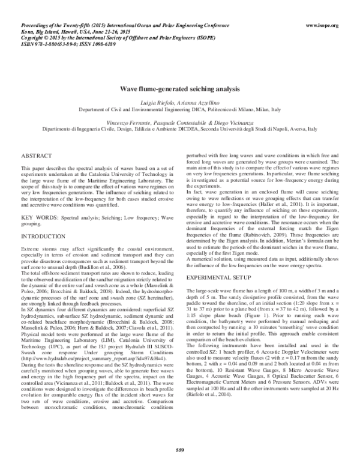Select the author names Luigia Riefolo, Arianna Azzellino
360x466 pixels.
[179, 104]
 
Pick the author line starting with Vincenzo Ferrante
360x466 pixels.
[179, 122]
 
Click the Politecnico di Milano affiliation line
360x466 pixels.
[179, 110]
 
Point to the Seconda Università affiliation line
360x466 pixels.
[179, 129]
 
